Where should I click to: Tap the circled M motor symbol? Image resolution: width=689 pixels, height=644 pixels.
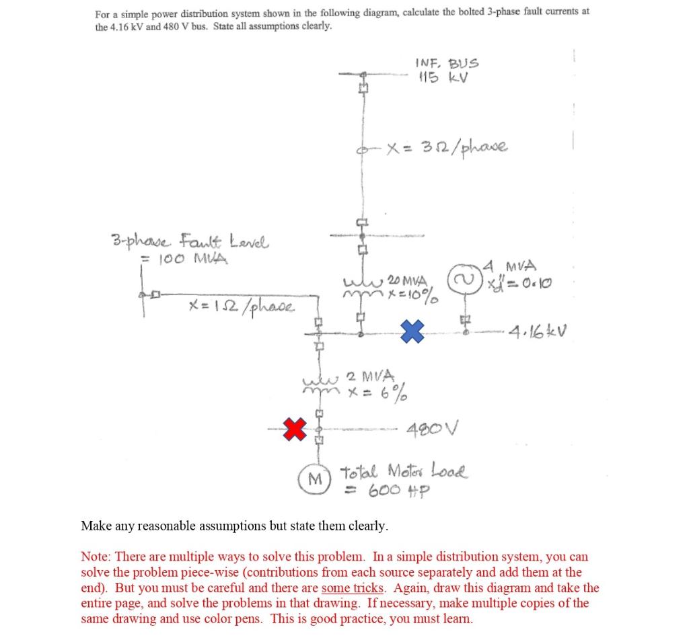click(x=314, y=479)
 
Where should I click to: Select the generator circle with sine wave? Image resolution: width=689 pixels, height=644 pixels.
click(x=464, y=280)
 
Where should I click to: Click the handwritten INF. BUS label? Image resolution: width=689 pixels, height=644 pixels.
click(x=447, y=64)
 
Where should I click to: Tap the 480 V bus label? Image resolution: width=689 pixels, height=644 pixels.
click(x=431, y=428)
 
